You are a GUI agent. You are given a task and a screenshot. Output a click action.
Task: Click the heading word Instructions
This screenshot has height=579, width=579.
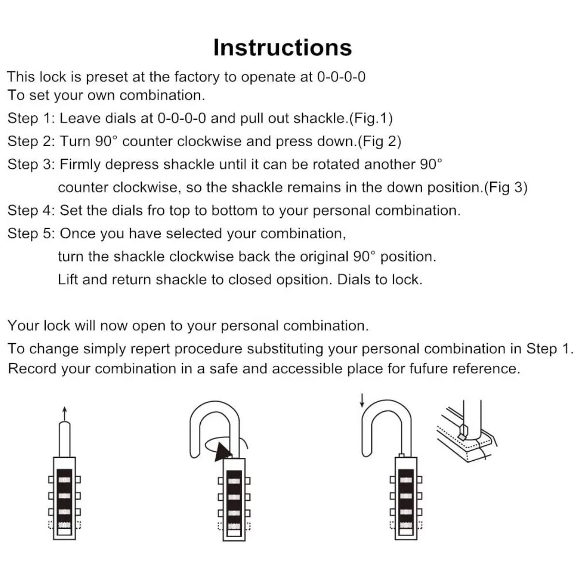(x=282, y=47)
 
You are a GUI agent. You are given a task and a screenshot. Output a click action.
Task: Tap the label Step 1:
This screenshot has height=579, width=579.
(x=31, y=118)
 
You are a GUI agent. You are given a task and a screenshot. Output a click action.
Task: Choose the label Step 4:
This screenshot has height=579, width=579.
(x=31, y=210)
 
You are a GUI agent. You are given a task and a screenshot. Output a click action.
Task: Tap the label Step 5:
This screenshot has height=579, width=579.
(x=31, y=234)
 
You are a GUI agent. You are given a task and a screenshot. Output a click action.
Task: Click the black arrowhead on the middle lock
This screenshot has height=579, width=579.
(x=222, y=452)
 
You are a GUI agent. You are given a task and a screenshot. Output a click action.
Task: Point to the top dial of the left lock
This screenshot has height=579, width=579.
(x=65, y=480)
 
